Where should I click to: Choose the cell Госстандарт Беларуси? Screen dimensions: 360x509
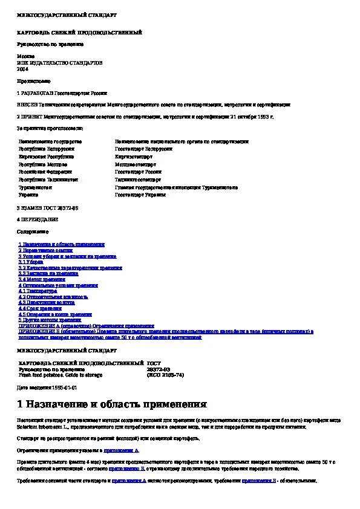[x=143, y=149]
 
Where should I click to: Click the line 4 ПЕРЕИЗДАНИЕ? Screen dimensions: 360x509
[x=38, y=219]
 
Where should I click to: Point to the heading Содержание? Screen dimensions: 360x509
[x=32, y=232]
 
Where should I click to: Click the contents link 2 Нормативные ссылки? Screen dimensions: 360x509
[x=45, y=250]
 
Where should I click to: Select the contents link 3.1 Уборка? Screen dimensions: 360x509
[x=34, y=262]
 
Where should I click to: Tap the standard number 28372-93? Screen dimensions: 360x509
[x=159, y=369]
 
